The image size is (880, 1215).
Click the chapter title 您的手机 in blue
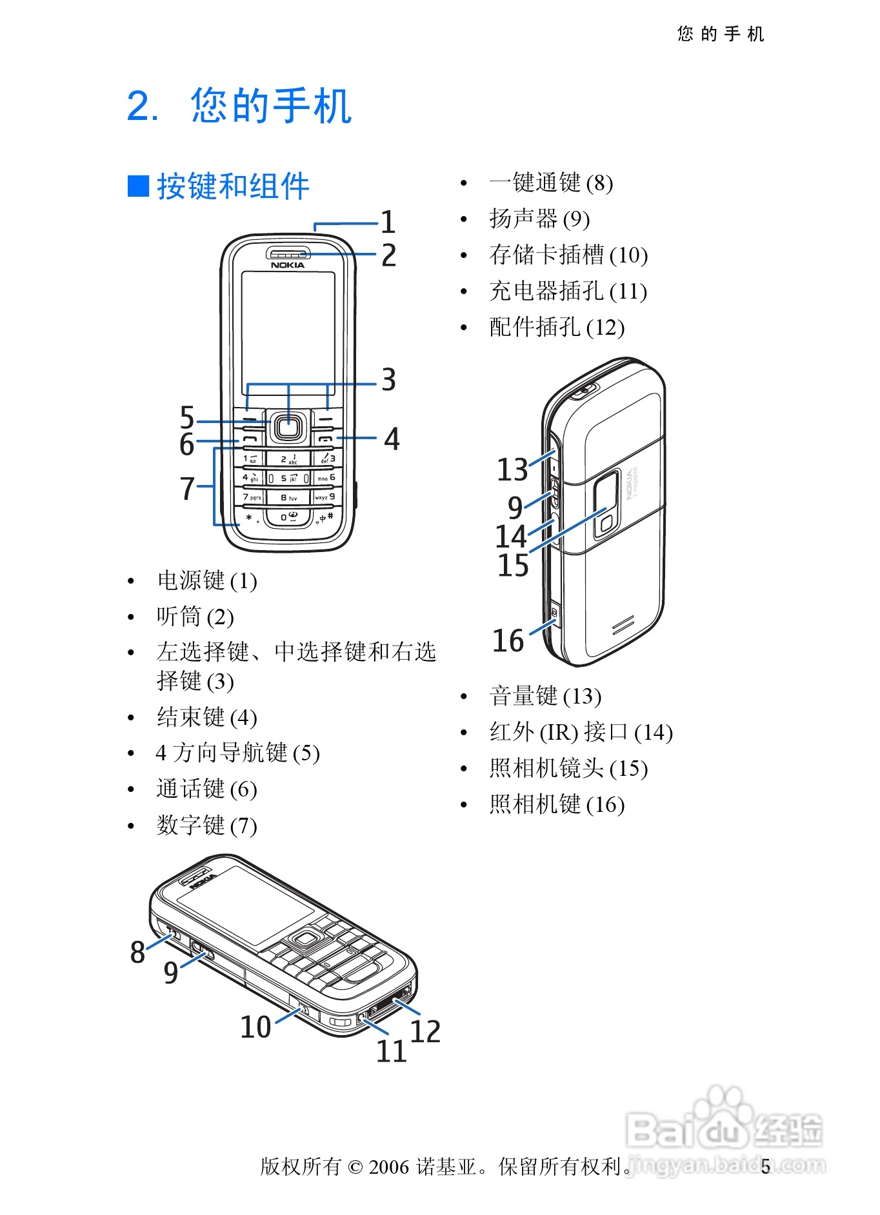[271, 106]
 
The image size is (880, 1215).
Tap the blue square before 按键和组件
[138, 186]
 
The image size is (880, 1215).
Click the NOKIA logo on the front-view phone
[287, 265]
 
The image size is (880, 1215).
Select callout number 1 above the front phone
[388, 222]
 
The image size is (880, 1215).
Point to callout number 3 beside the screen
[388, 380]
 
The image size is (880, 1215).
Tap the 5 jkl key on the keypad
[288, 479]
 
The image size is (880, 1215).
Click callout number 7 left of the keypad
[187, 488]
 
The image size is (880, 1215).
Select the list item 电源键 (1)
[207, 580]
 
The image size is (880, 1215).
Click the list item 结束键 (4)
[207, 717]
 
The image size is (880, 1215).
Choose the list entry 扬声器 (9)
[539, 219]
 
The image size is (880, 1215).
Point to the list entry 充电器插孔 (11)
[568, 291]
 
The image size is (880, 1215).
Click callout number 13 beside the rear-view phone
[512, 469]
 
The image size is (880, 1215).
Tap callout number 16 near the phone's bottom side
[508, 640]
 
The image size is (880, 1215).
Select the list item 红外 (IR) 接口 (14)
[581, 732]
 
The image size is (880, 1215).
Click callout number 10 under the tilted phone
[255, 1027]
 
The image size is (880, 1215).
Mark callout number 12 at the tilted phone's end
[425, 1031]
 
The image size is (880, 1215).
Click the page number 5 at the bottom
[765, 1167]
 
